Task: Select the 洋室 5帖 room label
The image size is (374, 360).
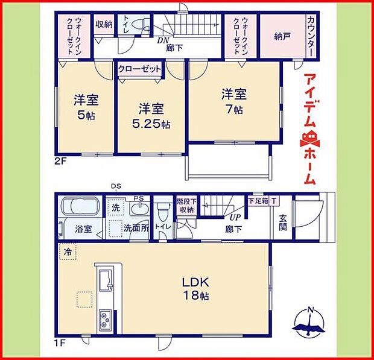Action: tap(86, 107)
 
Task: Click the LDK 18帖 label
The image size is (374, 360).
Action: tap(196, 288)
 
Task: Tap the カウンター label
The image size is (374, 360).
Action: tap(310, 37)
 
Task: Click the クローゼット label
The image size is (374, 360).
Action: tap(140, 69)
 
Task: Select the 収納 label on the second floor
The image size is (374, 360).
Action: tap(104, 25)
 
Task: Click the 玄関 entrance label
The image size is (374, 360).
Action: tap(283, 223)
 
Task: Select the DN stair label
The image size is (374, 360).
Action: tap(162, 40)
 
